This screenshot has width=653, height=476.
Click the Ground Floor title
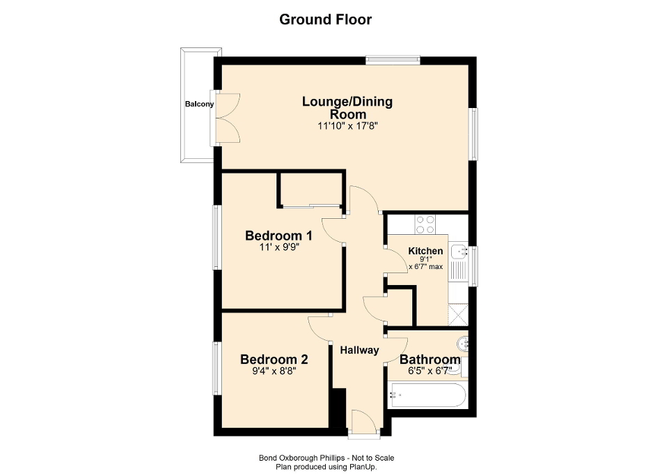point(325,20)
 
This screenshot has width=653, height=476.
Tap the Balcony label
point(199,105)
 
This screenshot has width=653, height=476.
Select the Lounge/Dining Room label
point(347,108)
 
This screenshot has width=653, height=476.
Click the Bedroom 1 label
point(278,235)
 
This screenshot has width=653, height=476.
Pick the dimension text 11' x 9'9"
point(278,247)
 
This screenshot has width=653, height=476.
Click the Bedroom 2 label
point(274,360)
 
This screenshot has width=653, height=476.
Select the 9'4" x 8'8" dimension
point(274,372)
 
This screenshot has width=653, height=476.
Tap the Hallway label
point(359,351)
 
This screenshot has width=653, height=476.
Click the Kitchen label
point(425,251)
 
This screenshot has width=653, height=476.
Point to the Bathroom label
point(430,360)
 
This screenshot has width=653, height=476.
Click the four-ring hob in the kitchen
point(425,224)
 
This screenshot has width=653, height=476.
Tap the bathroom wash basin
point(464,343)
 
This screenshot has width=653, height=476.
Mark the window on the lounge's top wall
point(393,61)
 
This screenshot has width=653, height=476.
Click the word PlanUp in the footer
point(364,467)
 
